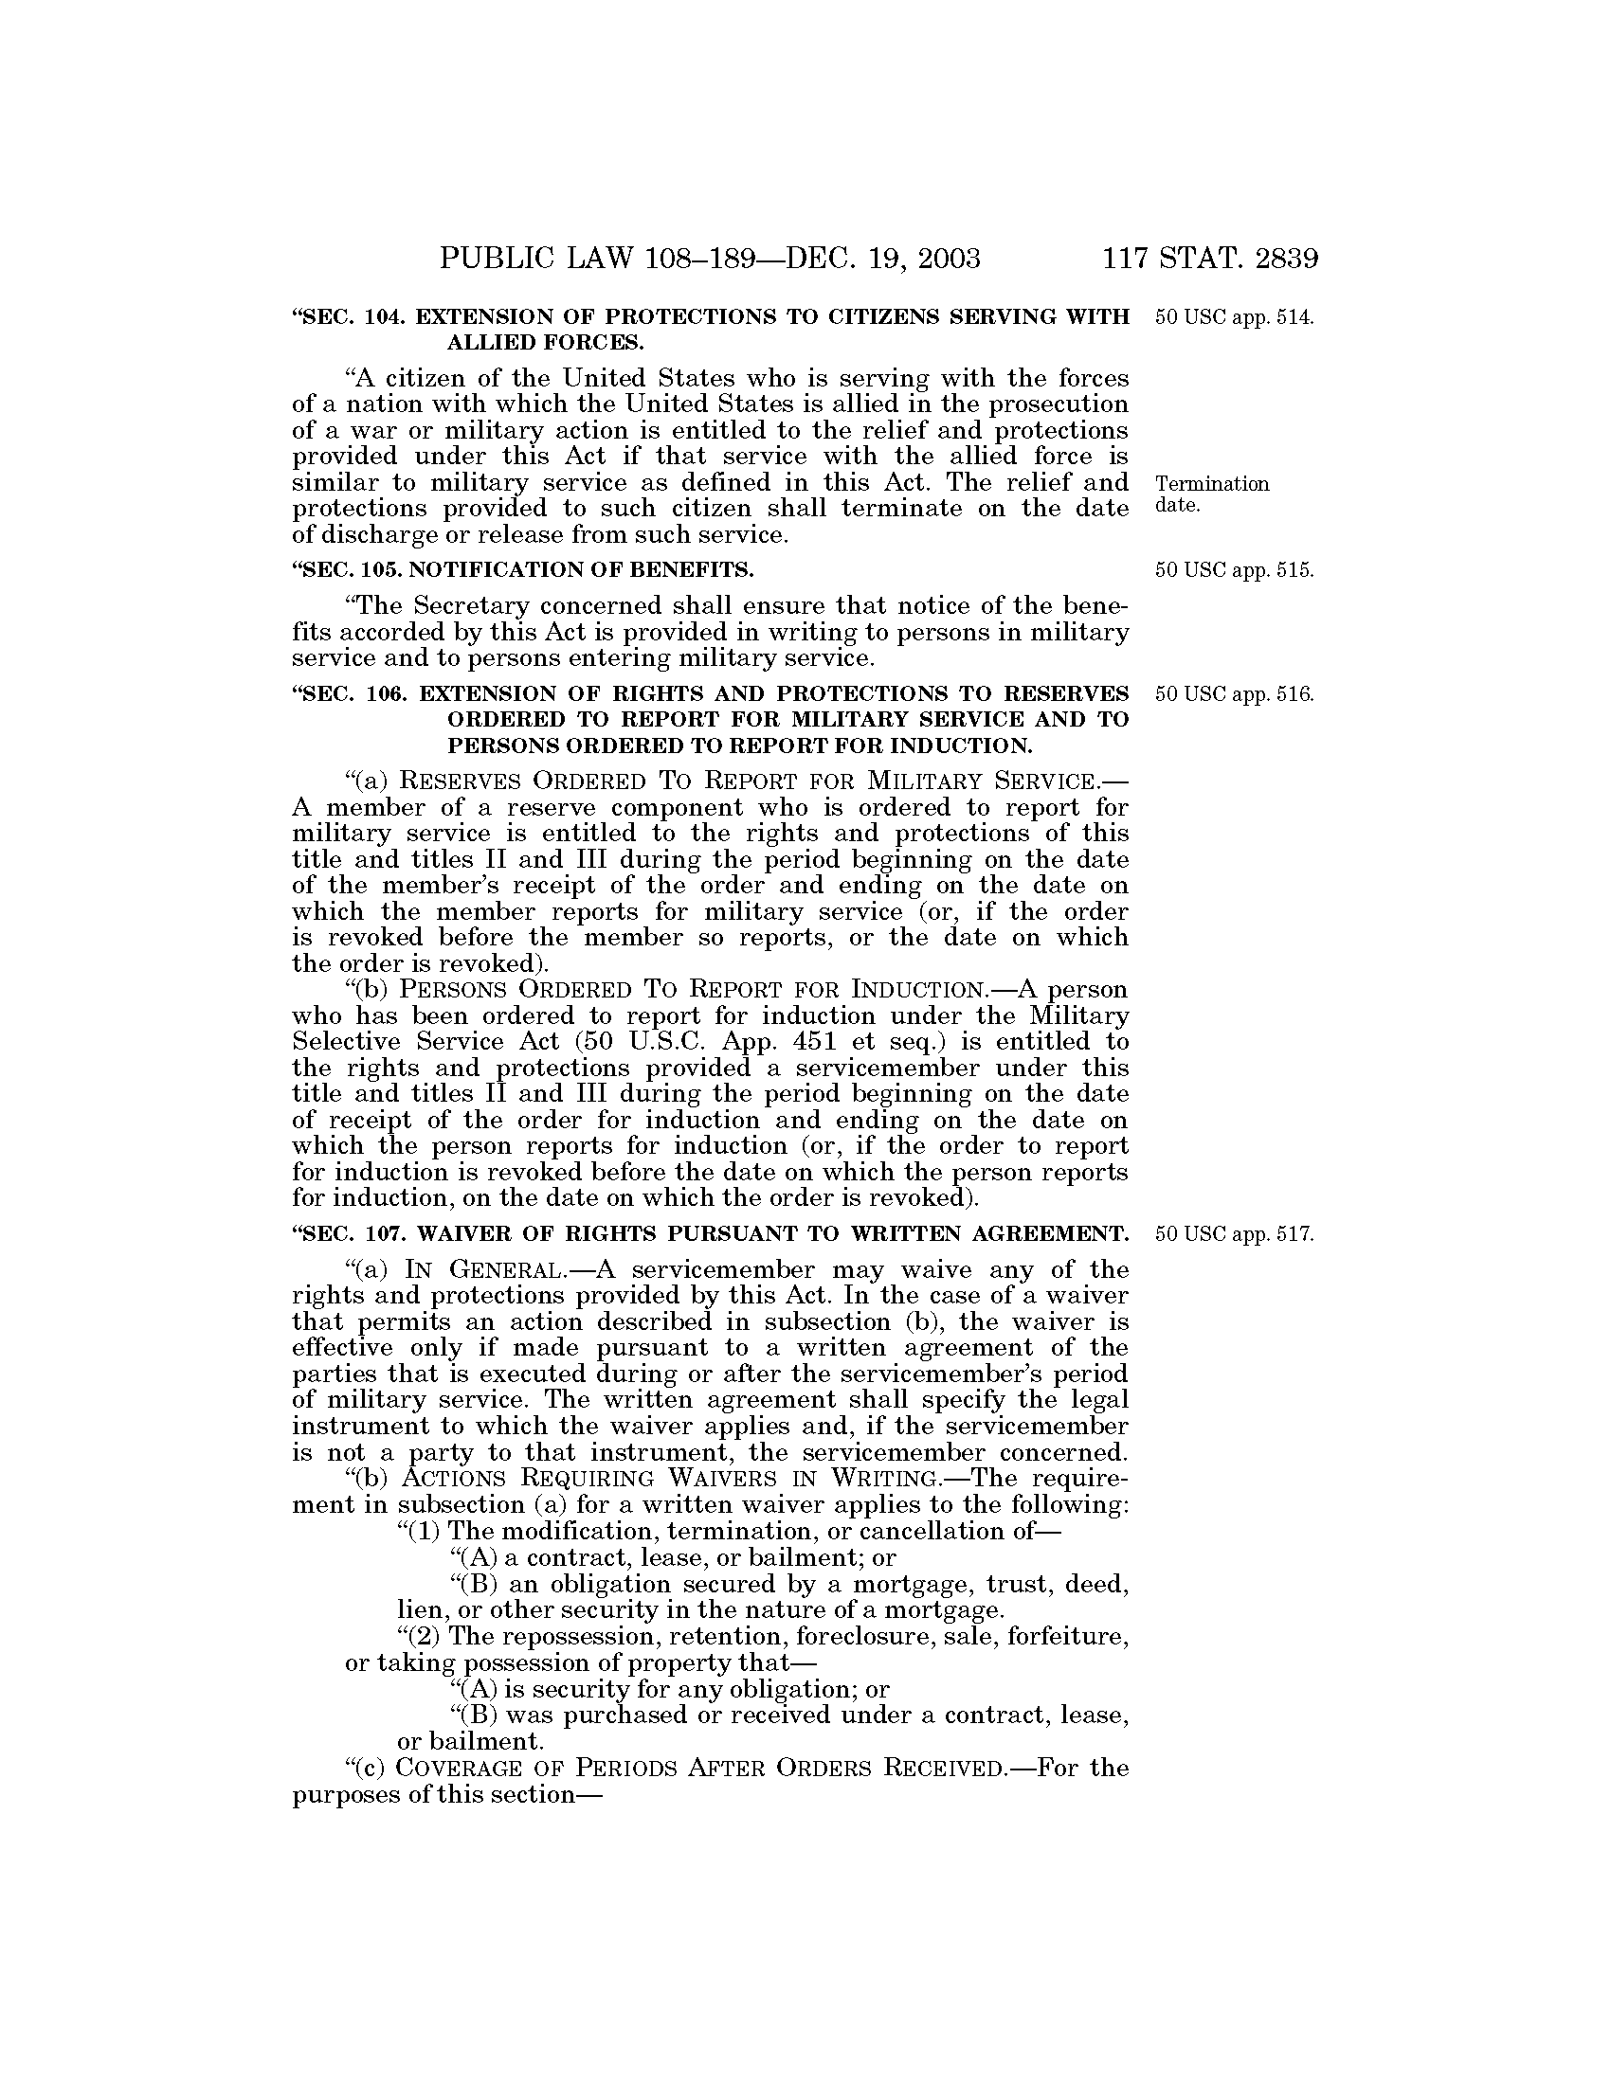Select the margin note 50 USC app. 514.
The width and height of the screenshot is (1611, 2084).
(1234, 316)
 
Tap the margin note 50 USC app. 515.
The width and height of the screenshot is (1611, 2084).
(1234, 570)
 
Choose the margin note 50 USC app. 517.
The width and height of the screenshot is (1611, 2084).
(1234, 1233)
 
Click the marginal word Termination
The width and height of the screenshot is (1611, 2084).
(1212, 484)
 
